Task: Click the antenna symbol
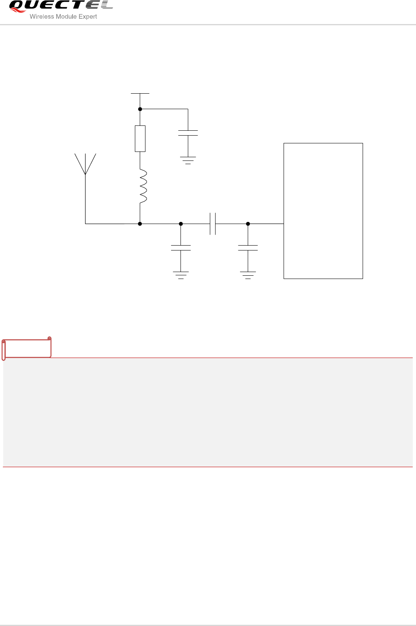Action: click(x=85, y=164)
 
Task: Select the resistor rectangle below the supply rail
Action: click(x=140, y=138)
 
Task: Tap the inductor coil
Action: click(x=143, y=186)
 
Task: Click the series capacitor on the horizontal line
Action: click(x=212, y=224)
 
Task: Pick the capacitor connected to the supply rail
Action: click(x=188, y=133)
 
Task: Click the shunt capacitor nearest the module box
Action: click(x=248, y=248)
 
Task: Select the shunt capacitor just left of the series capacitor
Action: click(x=181, y=248)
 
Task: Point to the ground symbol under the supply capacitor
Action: click(x=188, y=160)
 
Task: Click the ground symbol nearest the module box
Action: click(x=248, y=275)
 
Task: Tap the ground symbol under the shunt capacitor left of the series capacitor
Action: click(x=181, y=275)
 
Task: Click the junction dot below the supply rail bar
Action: click(x=140, y=109)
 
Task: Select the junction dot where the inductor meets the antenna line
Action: click(x=140, y=224)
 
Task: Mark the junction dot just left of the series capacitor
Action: click(x=181, y=224)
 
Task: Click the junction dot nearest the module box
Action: click(x=248, y=224)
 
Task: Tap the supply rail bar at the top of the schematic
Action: click(x=140, y=93)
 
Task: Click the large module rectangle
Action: click(x=323, y=211)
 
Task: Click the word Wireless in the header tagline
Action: click(x=42, y=17)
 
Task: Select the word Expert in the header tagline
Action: click(x=88, y=17)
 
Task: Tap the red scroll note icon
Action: click(x=26, y=348)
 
